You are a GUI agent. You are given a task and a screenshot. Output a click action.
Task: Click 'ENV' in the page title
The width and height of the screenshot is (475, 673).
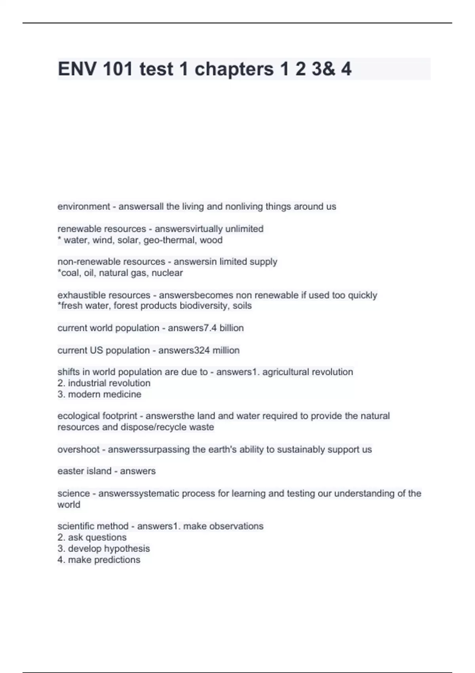pyautogui.click(x=77, y=69)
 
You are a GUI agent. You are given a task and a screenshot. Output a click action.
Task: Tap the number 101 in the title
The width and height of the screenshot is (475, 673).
pyautogui.click(x=118, y=69)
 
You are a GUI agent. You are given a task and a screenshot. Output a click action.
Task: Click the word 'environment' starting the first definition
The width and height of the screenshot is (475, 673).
pyautogui.click(x=84, y=207)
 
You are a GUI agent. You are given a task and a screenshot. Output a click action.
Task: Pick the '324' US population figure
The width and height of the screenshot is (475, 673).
pyautogui.click(x=202, y=350)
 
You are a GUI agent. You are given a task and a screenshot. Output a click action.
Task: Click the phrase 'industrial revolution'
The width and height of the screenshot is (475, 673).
pyautogui.click(x=109, y=383)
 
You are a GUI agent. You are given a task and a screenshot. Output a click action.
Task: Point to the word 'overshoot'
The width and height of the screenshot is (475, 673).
pyautogui.click(x=78, y=450)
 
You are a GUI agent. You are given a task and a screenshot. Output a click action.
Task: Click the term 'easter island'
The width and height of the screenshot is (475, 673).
pyautogui.click(x=84, y=471)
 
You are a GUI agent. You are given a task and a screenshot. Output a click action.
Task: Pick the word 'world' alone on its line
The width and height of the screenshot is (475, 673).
pyautogui.click(x=68, y=505)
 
